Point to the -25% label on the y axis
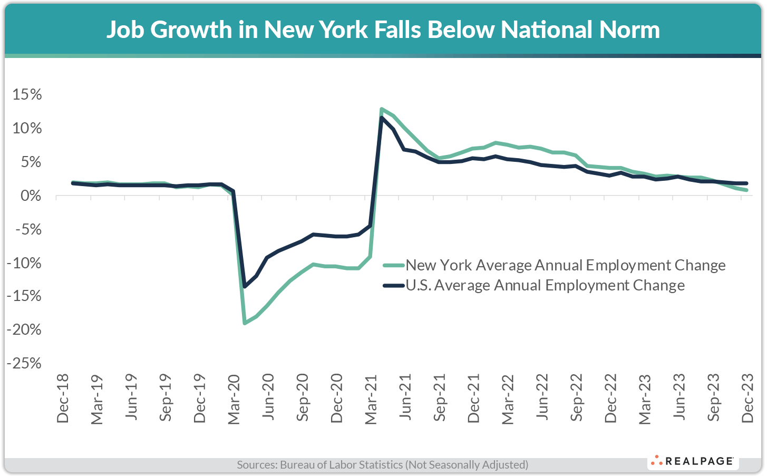[x=24, y=363]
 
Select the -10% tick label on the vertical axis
[x=24, y=263]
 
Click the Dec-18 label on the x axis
[x=63, y=399]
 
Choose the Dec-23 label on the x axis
[x=747, y=399]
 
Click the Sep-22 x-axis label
[x=577, y=398]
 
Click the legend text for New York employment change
[x=565, y=265]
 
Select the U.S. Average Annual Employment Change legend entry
[x=545, y=286]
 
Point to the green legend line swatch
[x=394, y=265]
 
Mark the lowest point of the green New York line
[x=245, y=323]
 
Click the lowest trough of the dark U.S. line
[x=245, y=287]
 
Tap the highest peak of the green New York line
[x=381, y=109]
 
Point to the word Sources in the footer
[x=256, y=465]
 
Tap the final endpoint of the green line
[x=746, y=190]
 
